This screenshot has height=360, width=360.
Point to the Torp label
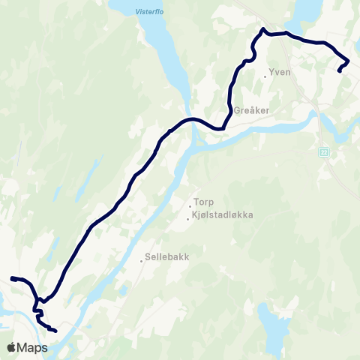point(204,202)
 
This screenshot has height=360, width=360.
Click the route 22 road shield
point(324,151)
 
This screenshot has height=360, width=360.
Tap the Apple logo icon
point(12,348)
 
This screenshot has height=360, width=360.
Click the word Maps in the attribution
point(34,348)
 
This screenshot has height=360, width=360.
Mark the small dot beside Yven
point(266,76)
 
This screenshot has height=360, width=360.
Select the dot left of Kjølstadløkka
point(187,219)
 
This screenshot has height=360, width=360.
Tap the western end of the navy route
point(11,279)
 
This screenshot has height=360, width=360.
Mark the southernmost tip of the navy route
point(56,330)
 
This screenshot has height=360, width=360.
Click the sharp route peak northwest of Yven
point(263,29)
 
